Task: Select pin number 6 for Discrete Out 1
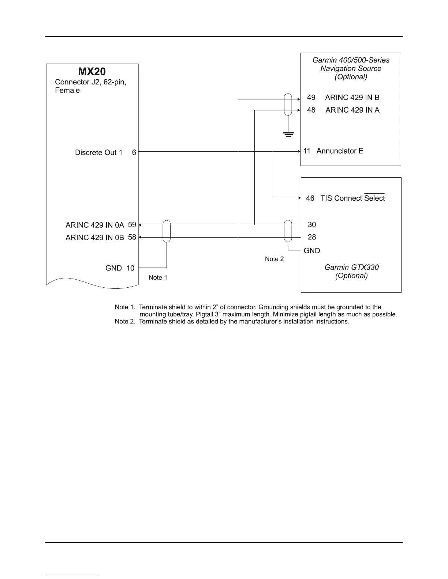point(134,152)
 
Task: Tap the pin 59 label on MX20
point(132,225)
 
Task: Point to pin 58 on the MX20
point(132,237)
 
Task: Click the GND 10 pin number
point(130,268)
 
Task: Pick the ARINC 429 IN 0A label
point(95,225)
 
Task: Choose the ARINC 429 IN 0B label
point(95,238)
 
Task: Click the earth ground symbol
point(288,135)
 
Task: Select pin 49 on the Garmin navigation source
point(311,98)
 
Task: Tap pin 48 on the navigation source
point(311,110)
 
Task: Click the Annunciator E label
point(340,151)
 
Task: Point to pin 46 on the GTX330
point(310,198)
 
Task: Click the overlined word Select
point(374,198)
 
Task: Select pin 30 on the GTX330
point(312,225)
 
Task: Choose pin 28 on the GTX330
point(312,237)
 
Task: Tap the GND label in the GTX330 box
point(312,251)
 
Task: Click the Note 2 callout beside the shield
point(274,259)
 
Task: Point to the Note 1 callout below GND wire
point(158,277)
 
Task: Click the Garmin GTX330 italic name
point(351,267)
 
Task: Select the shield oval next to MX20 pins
point(167,231)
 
